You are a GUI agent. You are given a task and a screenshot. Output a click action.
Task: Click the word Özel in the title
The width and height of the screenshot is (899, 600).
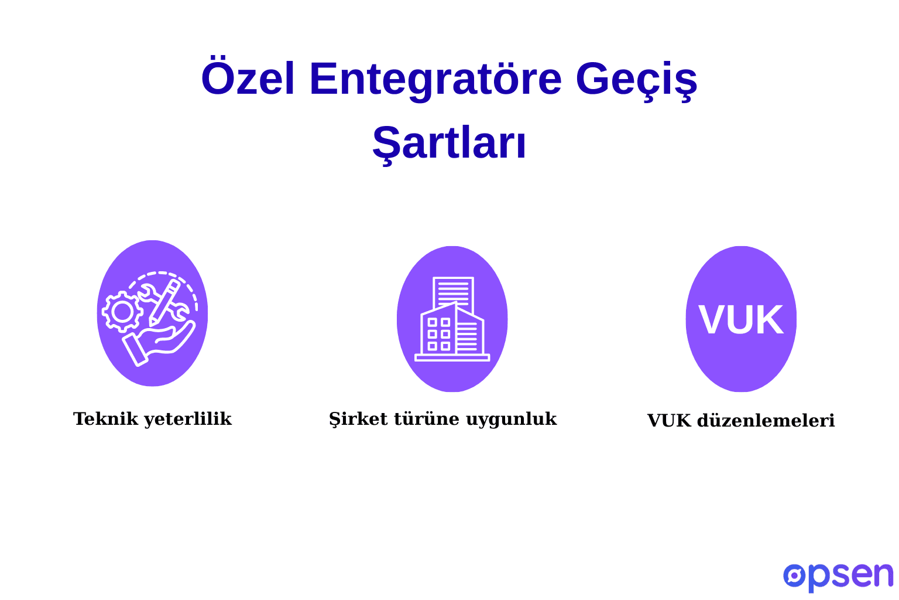(248, 79)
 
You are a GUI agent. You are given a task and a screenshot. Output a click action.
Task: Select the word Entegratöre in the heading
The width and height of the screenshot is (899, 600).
(435, 79)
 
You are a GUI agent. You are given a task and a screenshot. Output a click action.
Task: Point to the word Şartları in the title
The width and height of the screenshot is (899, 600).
(449, 143)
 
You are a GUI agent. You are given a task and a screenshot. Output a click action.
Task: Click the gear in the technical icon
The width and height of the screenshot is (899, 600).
(123, 312)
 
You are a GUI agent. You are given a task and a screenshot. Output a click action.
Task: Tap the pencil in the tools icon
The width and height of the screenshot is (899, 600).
(164, 302)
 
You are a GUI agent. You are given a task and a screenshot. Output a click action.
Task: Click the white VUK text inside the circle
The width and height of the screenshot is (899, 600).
(740, 320)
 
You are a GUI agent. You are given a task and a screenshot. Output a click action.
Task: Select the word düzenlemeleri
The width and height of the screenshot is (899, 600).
(766, 421)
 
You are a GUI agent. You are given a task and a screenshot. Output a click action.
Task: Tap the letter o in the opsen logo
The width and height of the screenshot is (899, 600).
(794, 575)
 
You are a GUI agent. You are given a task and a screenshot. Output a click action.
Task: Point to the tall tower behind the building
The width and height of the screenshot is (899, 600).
(454, 290)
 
